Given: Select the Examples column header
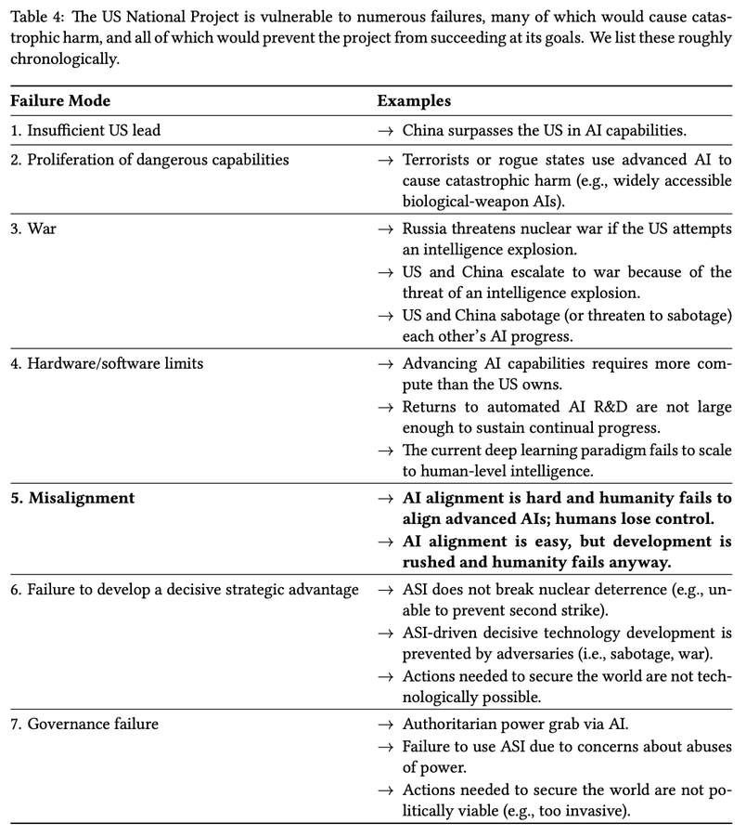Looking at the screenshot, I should tap(414, 100).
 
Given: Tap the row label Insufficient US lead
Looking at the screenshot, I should tap(94, 131).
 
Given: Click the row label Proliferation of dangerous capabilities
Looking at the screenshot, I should tap(149, 161).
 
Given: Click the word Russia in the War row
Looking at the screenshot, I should tap(426, 229).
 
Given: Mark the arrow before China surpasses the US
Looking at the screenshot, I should tap(385, 131).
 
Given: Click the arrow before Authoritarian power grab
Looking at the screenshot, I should tap(385, 724).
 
